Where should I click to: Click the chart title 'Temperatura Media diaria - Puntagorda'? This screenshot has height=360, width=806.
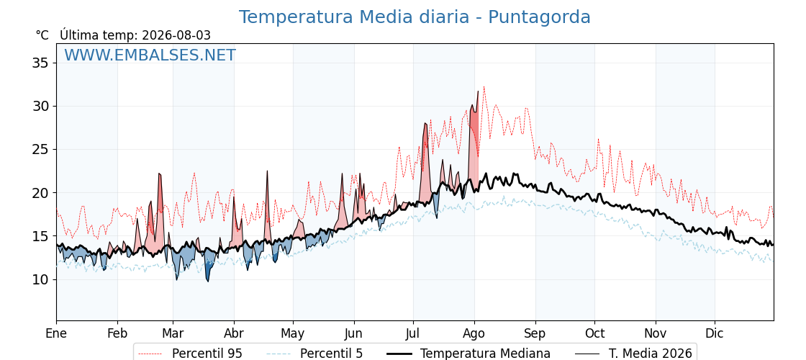415,17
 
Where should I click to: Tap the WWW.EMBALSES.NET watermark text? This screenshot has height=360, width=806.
150,55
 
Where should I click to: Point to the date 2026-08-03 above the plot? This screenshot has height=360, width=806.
176,35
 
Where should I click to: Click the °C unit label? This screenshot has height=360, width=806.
42,35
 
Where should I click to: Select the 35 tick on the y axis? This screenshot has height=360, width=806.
40,63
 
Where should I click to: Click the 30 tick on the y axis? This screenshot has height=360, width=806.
40,107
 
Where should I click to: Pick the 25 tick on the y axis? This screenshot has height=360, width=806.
40,150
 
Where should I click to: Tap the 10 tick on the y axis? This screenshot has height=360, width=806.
40,280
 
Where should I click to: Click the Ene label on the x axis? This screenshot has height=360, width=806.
56,333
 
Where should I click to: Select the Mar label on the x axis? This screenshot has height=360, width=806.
173,333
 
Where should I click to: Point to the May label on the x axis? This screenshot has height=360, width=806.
293,333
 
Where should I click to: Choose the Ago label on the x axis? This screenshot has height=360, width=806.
474,333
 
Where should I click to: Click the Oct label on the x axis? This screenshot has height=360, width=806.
594,333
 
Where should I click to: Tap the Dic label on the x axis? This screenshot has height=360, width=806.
715,333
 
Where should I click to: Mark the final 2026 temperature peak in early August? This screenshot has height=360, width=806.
478,91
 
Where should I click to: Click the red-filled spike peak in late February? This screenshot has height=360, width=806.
159,174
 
